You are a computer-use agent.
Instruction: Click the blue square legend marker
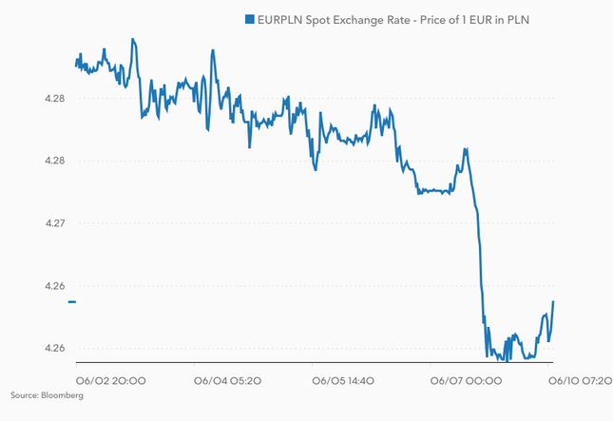tap(249, 19)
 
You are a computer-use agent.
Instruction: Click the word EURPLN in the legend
tap(281, 19)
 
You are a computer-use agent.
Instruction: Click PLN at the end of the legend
tap(542, 19)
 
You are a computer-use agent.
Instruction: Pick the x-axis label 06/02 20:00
tap(110, 381)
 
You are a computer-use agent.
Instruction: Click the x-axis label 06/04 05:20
tap(227, 381)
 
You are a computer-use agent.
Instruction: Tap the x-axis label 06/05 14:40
tap(345, 381)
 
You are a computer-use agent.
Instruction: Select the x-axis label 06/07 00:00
tap(464, 381)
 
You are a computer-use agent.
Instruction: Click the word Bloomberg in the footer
tap(61, 394)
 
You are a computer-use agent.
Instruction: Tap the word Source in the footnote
tap(24, 394)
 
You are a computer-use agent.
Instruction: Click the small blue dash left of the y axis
tap(71, 302)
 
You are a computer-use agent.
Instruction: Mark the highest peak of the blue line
tap(132, 39)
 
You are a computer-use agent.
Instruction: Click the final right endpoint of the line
tap(553, 302)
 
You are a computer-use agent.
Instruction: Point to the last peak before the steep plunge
tap(465, 149)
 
